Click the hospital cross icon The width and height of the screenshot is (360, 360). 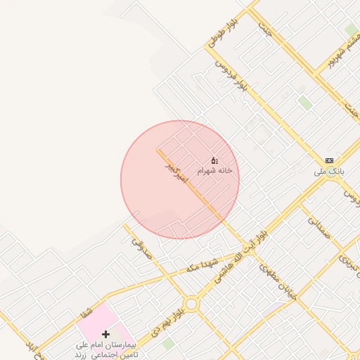point(105,334)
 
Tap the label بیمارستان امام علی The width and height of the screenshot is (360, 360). point(105,347)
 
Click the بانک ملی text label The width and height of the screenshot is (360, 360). point(328,172)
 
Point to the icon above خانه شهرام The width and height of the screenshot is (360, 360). point(214,160)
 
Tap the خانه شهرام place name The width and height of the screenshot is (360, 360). point(214,171)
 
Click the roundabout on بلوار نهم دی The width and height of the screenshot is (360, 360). point(191,304)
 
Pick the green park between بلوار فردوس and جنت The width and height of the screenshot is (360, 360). point(304,103)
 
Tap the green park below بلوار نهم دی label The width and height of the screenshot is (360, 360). point(169,344)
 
